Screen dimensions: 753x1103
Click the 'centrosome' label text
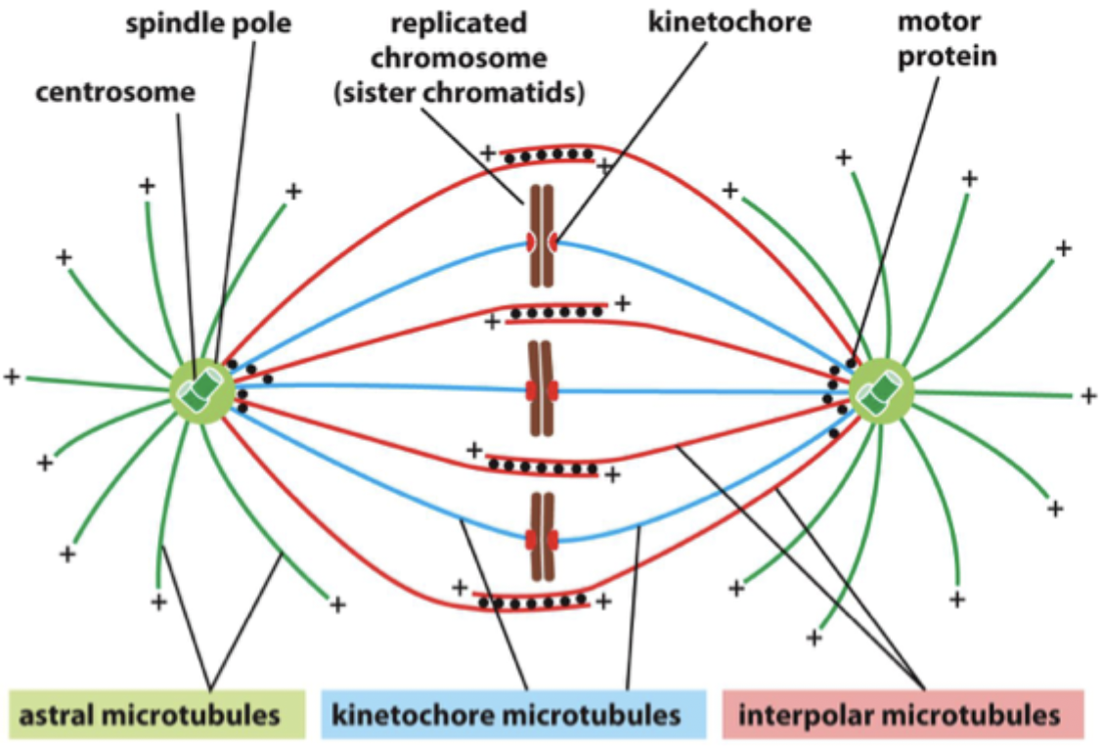click(115, 94)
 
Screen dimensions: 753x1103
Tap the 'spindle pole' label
click(207, 23)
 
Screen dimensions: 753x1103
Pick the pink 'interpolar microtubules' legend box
click(902, 714)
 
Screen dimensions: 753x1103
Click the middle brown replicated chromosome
click(541, 389)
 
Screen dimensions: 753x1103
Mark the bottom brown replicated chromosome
click(541, 537)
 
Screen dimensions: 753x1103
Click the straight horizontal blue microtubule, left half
click(391, 386)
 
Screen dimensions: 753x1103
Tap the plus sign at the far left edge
click(12, 376)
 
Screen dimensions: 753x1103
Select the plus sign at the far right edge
click(1088, 395)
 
